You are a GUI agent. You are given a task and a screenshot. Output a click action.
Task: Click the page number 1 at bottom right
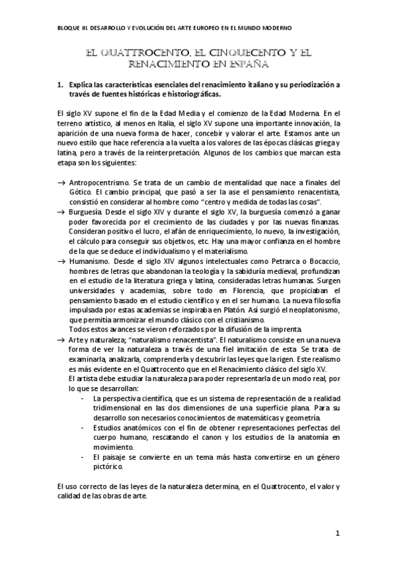(x=337, y=533)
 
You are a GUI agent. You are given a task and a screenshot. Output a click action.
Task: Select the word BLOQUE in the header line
(x=69, y=28)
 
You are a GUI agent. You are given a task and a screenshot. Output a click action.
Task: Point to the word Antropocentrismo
(x=99, y=182)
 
